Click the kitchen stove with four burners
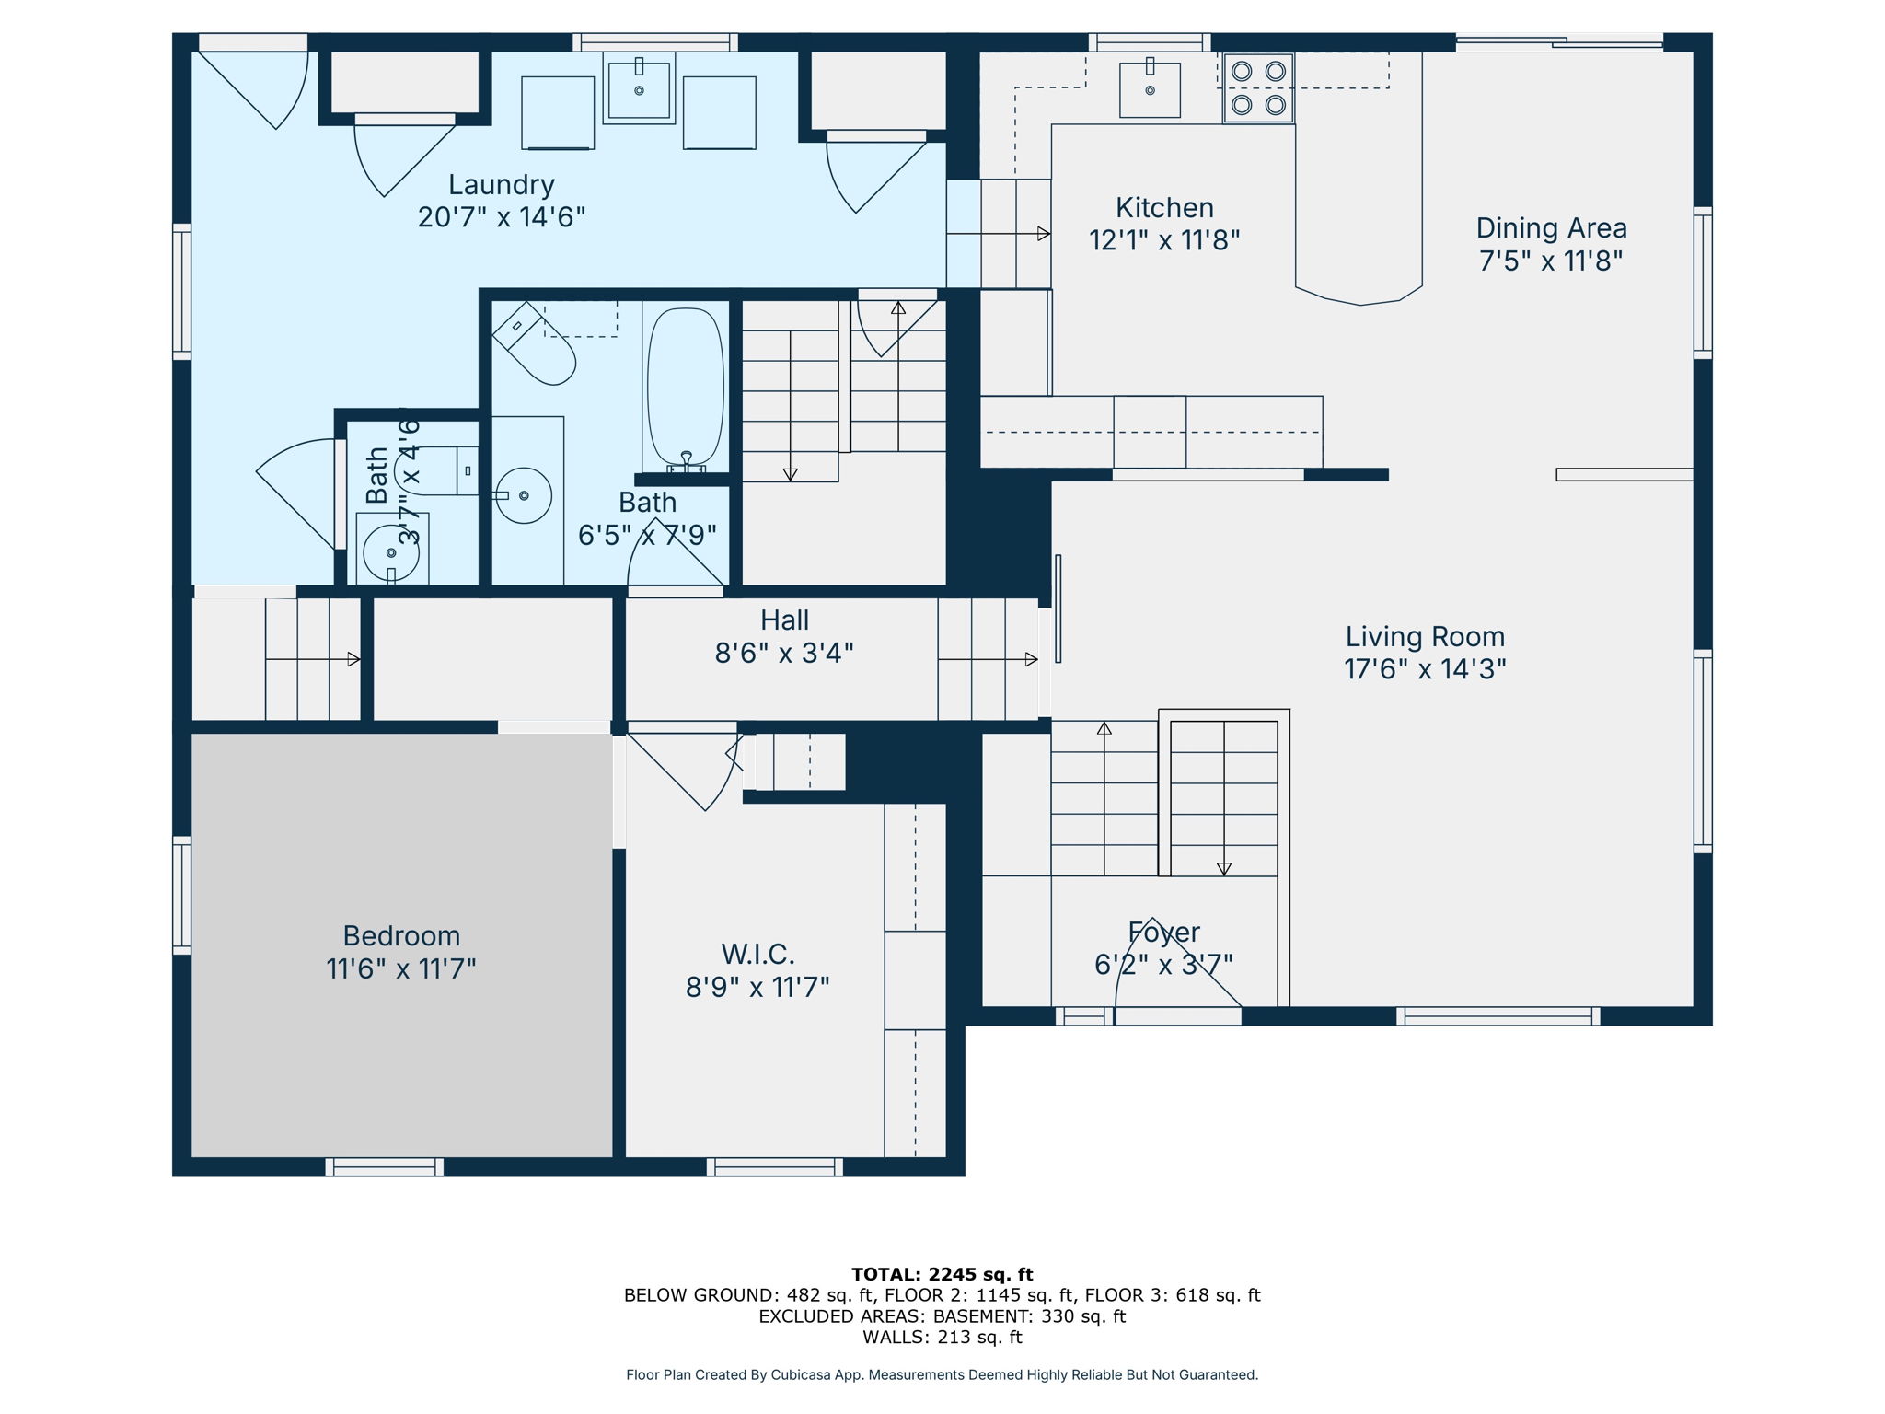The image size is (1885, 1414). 1258,88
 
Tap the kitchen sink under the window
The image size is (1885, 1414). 1150,89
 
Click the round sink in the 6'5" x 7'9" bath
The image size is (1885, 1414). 524,495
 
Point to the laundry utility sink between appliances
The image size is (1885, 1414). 639,89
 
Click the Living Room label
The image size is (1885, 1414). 1425,636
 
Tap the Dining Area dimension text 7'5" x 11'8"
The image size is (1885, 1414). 1550,261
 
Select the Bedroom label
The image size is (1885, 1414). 401,935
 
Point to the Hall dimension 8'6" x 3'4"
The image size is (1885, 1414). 784,654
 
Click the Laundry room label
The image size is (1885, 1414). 502,184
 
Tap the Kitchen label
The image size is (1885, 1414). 1164,207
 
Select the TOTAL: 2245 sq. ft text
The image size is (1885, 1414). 942,1274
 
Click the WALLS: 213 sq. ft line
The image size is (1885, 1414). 942,1337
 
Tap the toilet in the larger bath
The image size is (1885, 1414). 536,345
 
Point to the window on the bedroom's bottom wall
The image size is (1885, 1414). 385,1166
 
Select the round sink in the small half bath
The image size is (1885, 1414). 391,552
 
